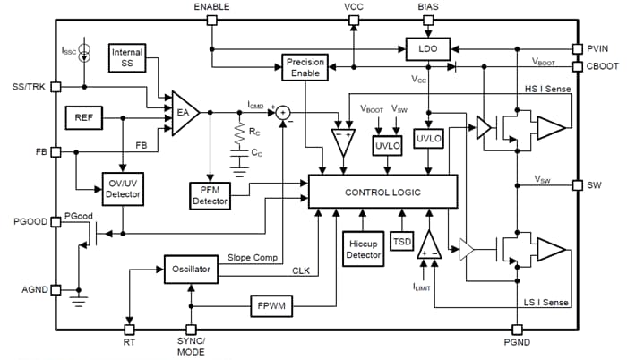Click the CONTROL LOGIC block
tap(382, 192)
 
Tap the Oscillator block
tap(191, 268)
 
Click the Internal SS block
tap(127, 58)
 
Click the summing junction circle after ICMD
tap(283, 112)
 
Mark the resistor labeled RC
tap(239, 134)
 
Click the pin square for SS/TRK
tap(56, 87)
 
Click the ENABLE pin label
tap(211, 7)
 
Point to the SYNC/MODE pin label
tap(191, 346)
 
